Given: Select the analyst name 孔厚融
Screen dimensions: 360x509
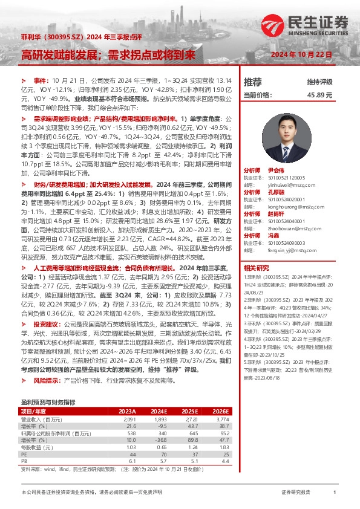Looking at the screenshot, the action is pos(275,192).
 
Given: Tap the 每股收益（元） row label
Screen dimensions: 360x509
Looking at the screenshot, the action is pos(38,447).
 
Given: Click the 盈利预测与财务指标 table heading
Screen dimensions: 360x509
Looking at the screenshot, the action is pos(48,401).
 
